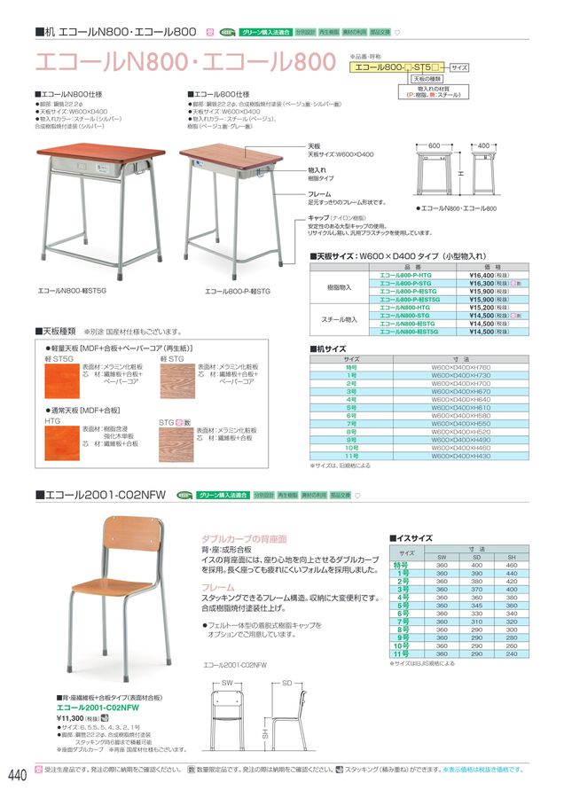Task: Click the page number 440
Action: coord(17,776)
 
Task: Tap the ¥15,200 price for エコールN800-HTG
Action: coord(480,308)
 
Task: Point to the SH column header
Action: coord(512,556)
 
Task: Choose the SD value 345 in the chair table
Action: coord(477,605)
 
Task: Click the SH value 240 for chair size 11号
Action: coord(512,653)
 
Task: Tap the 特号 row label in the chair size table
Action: coord(401,564)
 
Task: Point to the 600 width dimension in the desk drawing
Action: coord(435,144)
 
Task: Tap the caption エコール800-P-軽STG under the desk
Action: coord(239,290)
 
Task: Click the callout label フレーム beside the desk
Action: coord(320,193)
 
